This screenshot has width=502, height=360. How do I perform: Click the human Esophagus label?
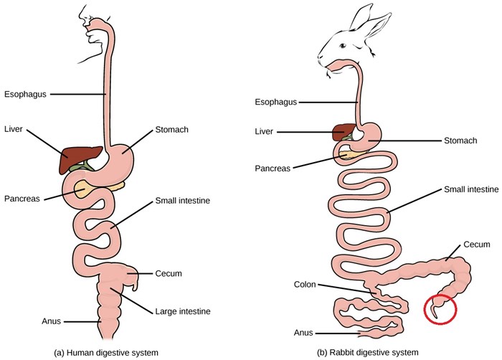24,93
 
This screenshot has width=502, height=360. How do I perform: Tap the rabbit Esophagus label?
276,102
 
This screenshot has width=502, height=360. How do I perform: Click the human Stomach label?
172,130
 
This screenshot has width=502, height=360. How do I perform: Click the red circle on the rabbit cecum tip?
437,308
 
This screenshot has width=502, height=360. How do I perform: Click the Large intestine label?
183,312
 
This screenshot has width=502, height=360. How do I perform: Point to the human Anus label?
31,321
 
